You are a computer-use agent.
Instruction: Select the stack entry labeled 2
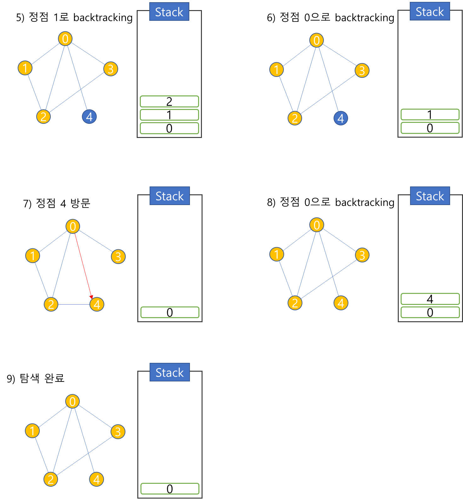(x=169, y=101)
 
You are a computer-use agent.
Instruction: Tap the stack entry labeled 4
(x=430, y=299)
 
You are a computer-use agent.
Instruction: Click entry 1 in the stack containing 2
(x=169, y=115)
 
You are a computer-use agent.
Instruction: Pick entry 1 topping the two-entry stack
(x=430, y=115)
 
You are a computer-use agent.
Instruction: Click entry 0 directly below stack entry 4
(x=430, y=312)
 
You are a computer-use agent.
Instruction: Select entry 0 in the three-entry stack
(x=169, y=128)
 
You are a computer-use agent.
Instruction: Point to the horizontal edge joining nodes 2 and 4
(x=74, y=304)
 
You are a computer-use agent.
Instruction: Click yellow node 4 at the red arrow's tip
(x=97, y=304)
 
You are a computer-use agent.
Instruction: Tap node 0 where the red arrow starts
(x=73, y=226)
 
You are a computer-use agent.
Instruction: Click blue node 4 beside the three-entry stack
(x=89, y=117)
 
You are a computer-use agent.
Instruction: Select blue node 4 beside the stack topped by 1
(x=340, y=118)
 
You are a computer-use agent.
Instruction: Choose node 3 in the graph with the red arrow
(x=118, y=256)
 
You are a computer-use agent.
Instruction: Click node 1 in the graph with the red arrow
(x=32, y=255)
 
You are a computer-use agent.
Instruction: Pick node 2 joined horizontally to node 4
(x=51, y=304)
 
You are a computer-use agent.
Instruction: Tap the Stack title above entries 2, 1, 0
(x=169, y=12)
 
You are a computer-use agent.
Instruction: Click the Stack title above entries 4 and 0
(x=430, y=196)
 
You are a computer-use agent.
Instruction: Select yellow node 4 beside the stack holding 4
(x=341, y=303)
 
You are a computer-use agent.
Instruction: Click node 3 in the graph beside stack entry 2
(x=111, y=69)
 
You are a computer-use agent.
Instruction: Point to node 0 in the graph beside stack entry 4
(x=317, y=225)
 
